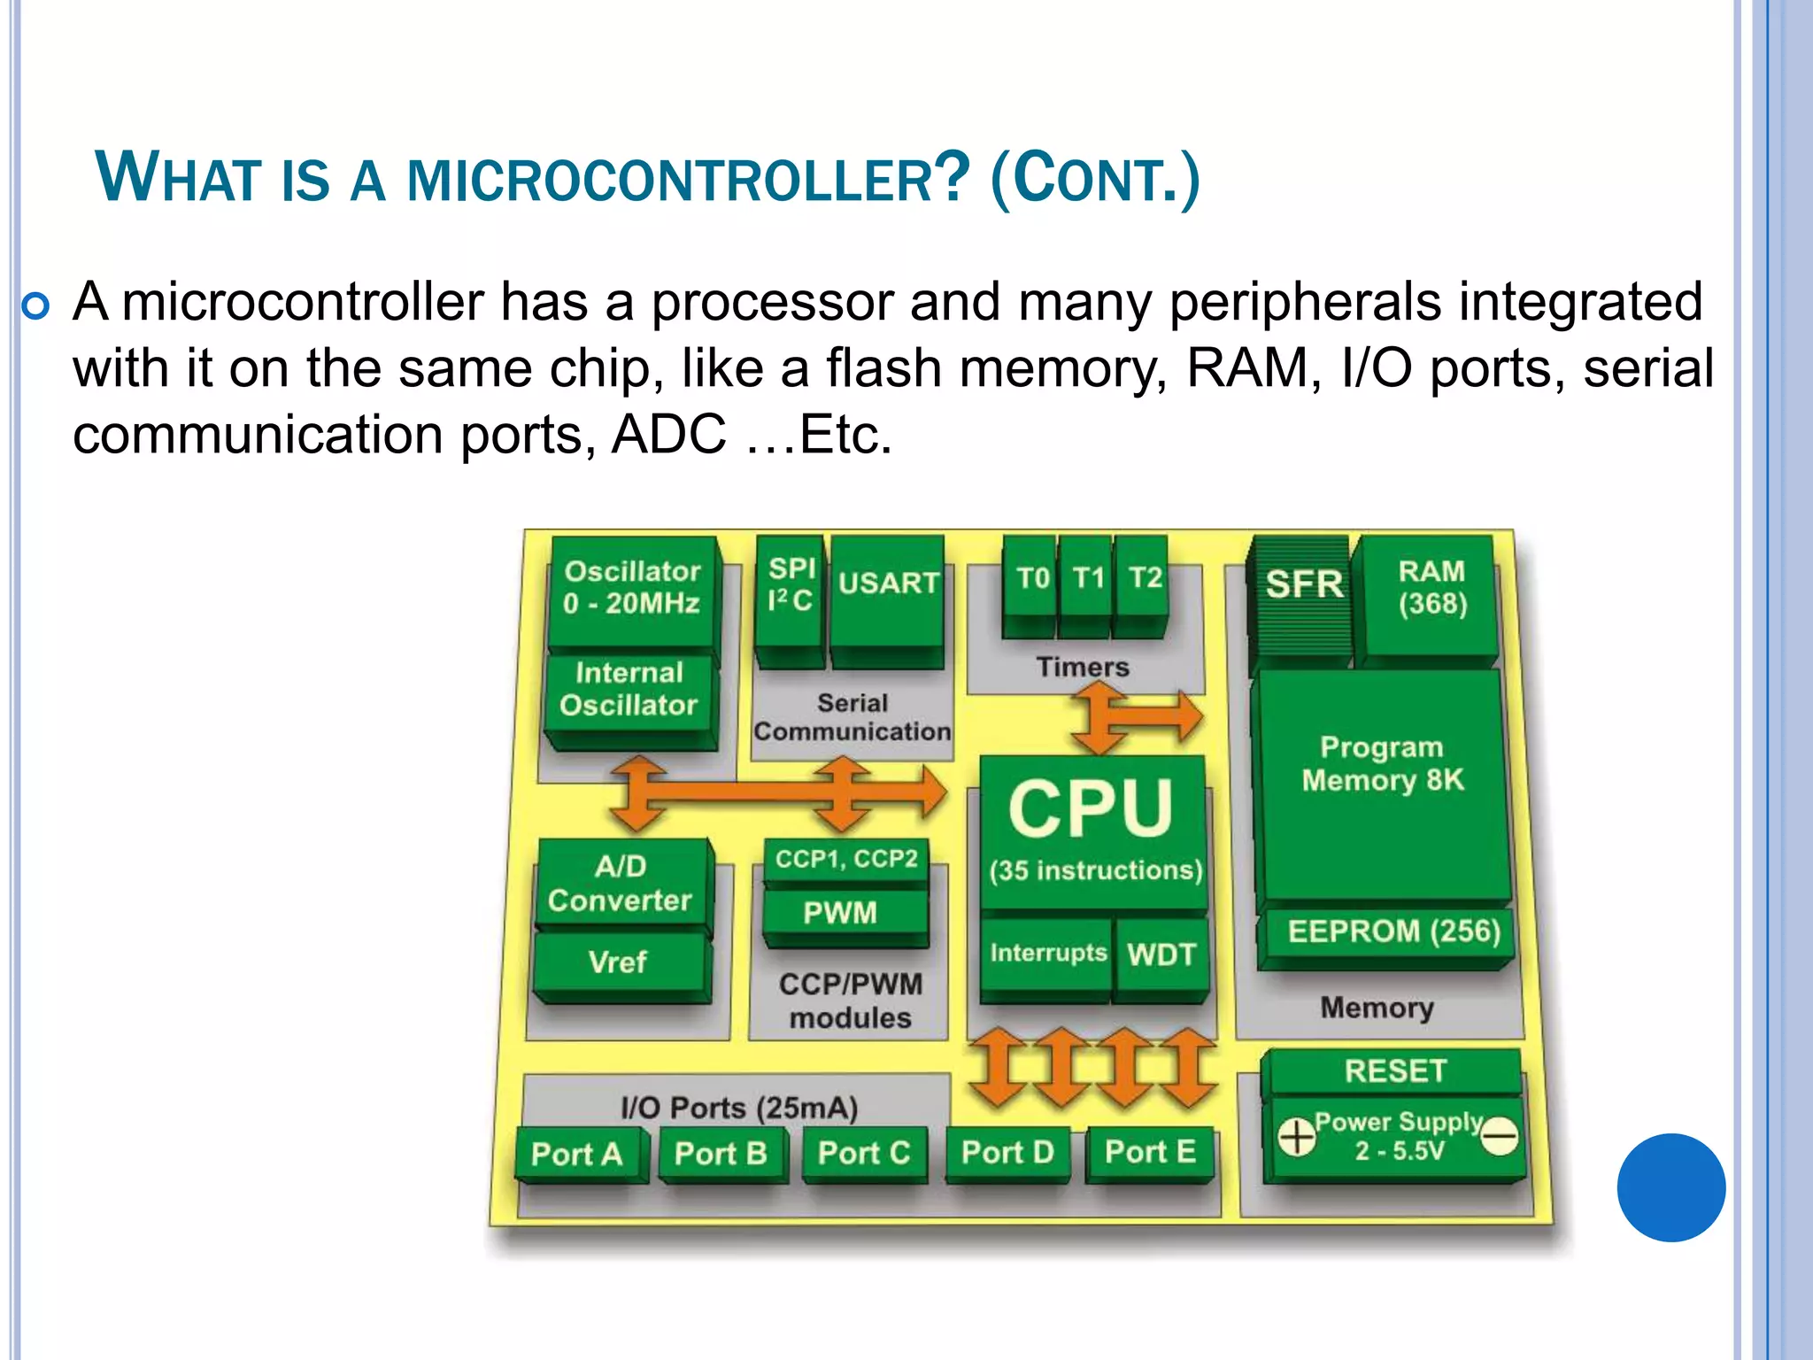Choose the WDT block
(1161, 955)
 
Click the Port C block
(863, 1153)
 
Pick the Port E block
(1150, 1152)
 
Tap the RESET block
(1394, 1071)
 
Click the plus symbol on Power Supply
(1296, 1137)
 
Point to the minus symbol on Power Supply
(1500, 1136)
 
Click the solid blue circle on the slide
(1670, 1187)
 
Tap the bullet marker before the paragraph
(36, 307)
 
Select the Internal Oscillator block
(629, 690)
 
